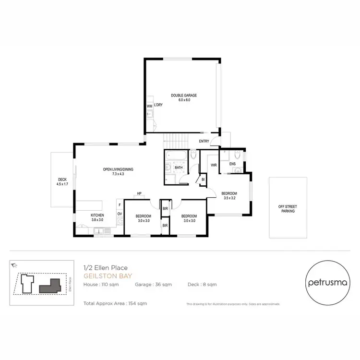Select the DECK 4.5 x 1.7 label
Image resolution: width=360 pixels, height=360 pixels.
(62, 181)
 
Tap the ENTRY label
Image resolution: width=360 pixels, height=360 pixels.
(204, 141)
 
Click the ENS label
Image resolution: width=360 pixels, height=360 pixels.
(232, 164)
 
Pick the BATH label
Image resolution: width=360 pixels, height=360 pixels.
(179, 168)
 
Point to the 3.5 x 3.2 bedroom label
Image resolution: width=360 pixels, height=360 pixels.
(229, 196)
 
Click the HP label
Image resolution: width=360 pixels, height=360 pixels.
(139, 193)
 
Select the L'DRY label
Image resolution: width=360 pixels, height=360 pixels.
(158, 105)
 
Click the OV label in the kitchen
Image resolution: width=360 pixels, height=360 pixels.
(119, 213)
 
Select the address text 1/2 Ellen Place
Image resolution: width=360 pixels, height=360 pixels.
(100, 269)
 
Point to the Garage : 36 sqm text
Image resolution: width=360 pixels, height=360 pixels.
(154, 285)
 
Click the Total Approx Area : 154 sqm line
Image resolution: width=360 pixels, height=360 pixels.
(115, 303)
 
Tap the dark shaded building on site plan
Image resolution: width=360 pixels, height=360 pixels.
(49, 288)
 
